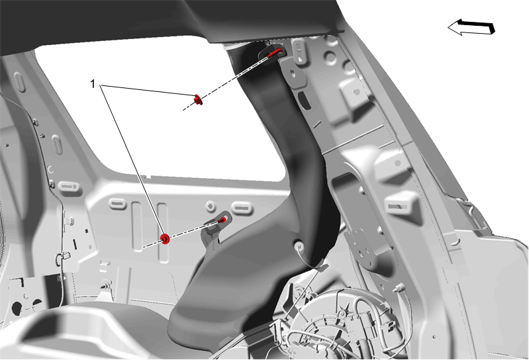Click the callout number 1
tap(93, 83)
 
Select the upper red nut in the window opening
tap(198, 100)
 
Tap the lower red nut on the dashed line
tap(165, 239)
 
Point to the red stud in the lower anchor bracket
tap(222, 220)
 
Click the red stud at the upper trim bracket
tap(274, 52)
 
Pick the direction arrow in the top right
tap(471, 27)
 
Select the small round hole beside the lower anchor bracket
tap(210, 206)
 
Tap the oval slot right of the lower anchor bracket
tap(242, 208)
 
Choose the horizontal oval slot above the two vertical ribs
tap(117, 204)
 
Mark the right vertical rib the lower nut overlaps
tap(163, 232)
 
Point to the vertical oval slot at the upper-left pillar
tap(21, 82)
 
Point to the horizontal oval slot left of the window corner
tap(70, 187)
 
